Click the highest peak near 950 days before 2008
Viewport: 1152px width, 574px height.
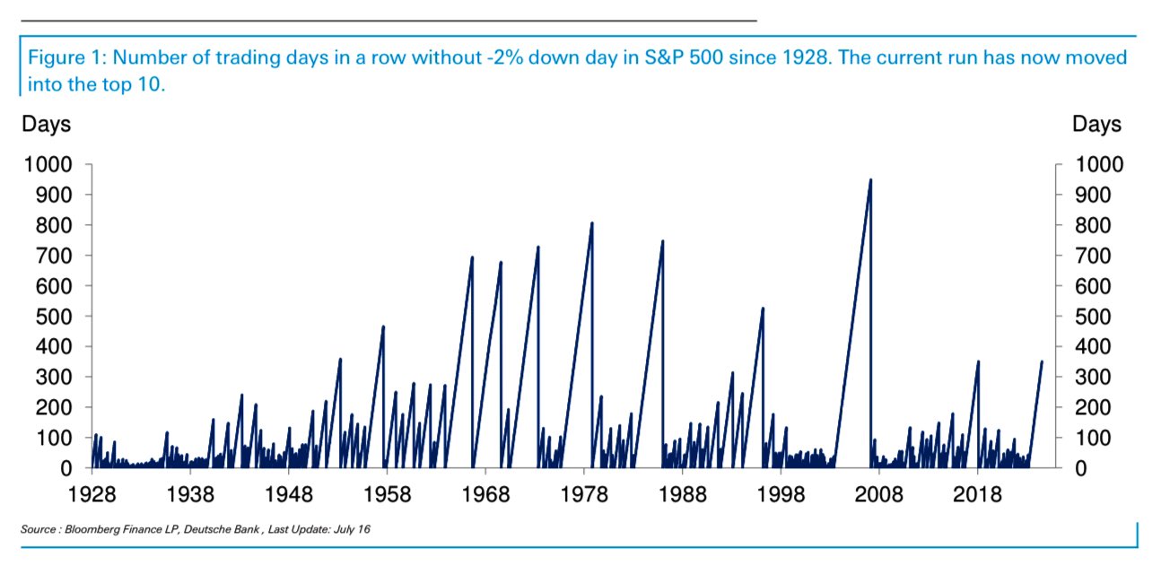[870, 179]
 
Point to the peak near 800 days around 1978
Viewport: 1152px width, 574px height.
[592, 222]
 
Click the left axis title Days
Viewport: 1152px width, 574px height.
[46, 124]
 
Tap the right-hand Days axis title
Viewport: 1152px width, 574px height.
[1096, 124]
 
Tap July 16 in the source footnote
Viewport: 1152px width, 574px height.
[353, 530]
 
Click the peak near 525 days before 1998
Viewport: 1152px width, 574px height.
[763, 309]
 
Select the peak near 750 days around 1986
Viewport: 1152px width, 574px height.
[662, 241]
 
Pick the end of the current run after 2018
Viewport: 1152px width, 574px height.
[1042, 361]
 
